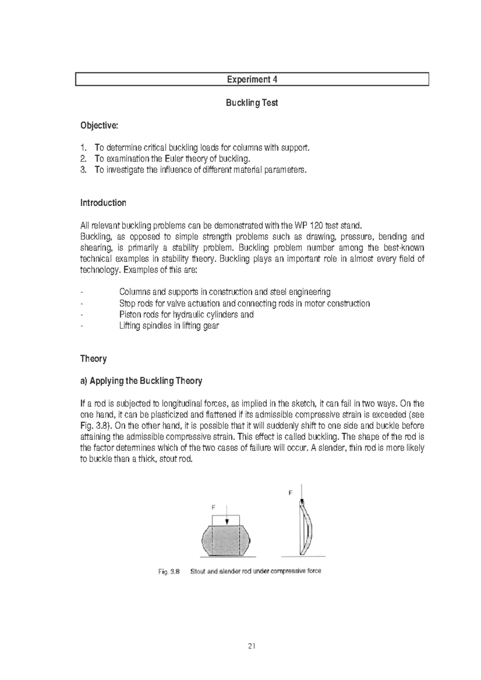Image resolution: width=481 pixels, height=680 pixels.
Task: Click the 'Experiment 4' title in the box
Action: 252,79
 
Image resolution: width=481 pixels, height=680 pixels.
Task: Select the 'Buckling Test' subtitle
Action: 252,103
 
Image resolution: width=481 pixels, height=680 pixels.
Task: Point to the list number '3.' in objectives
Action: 83,170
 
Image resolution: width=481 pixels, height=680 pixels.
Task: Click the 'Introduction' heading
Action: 103,203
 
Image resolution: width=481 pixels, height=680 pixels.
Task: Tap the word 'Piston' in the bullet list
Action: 130,314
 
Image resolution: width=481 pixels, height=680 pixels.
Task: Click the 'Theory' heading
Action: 93,358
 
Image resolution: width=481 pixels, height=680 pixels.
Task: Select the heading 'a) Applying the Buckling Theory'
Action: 141,381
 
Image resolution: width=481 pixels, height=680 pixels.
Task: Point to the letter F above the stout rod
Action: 214,507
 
